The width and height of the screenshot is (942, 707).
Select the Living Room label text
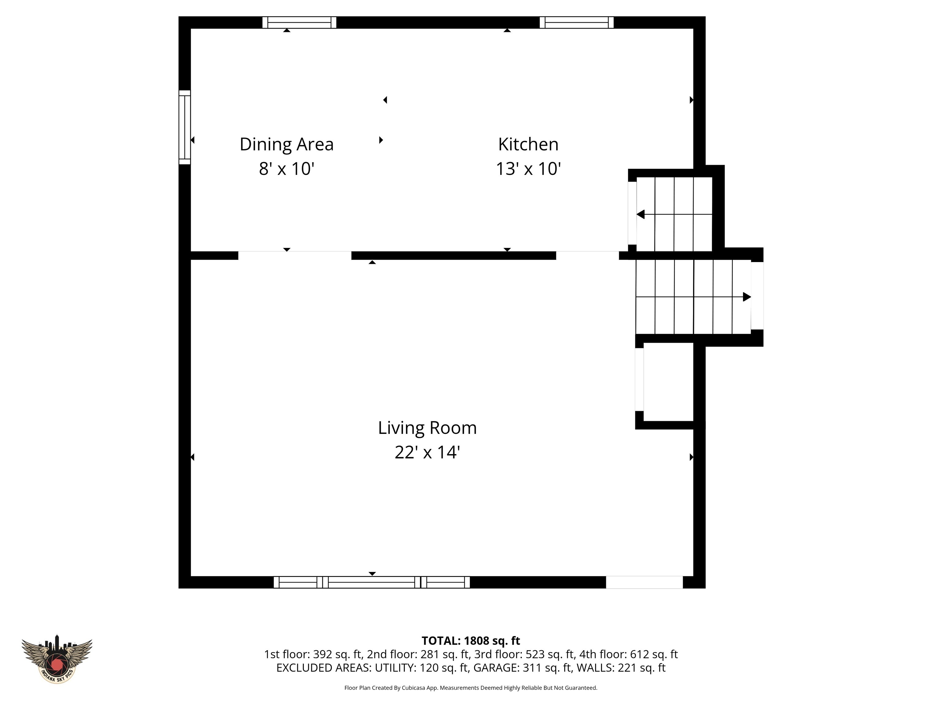(x=427, y=428)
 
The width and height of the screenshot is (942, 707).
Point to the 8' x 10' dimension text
(x=287, y=169)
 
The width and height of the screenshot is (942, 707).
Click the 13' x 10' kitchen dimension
(x=528, y=169)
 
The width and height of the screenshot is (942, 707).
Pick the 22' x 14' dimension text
(x=427, y=452)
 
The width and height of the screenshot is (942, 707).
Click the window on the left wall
(x=184, y=127)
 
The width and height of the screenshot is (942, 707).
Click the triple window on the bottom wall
(x=372, y=582)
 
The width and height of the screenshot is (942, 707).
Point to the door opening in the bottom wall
(x=644, y=582)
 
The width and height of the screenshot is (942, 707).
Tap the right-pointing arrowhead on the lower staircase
(x=747, y=297)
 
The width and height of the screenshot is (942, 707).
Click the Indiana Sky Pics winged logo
(x=57, y=659)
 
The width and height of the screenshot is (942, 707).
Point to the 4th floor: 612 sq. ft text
(x=629, y=654)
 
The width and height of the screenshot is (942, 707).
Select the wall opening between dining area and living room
(x=295, y=256)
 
